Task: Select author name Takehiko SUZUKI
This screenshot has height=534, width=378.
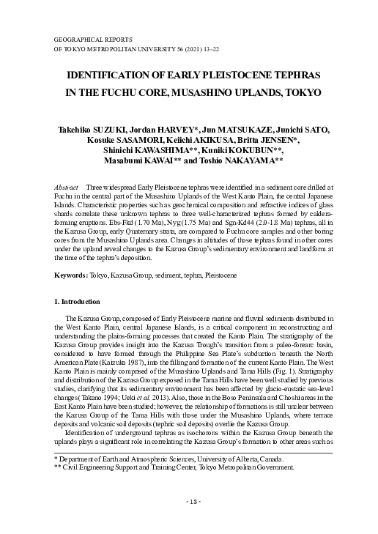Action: point(91,130)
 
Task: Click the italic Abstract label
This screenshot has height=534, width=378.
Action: point(67,189)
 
